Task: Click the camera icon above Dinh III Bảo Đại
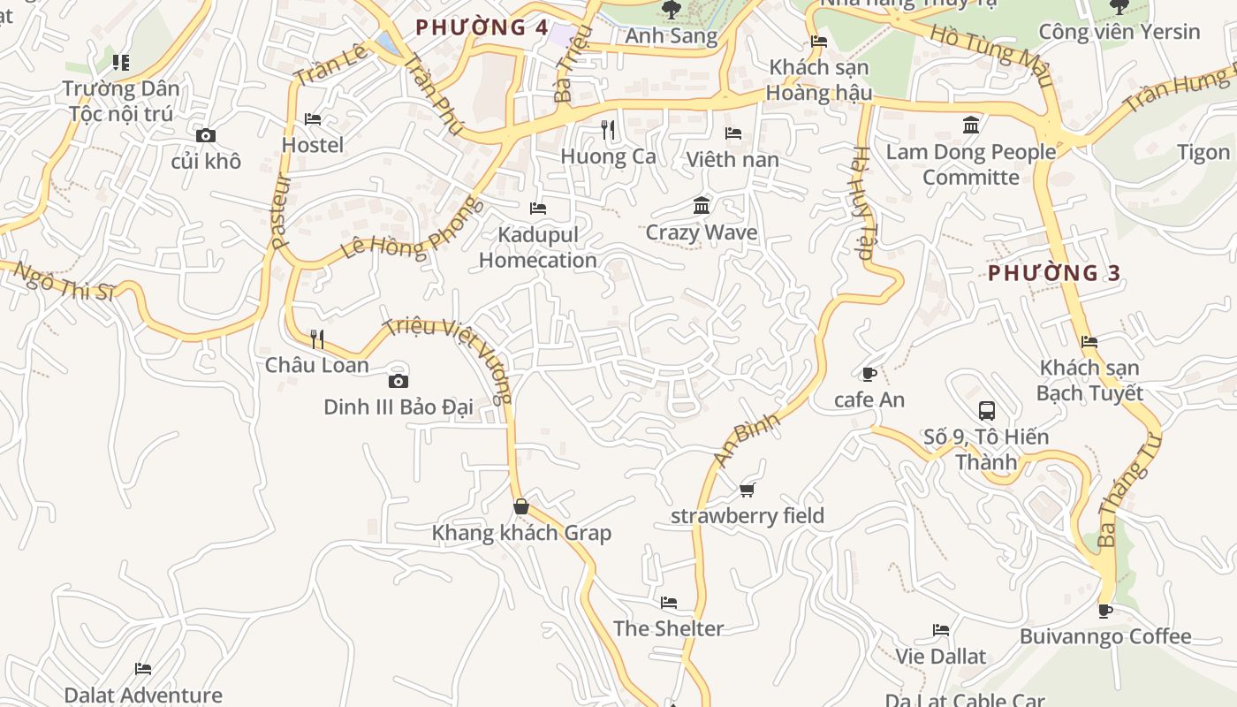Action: [x=398, y=382]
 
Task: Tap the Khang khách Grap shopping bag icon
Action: [x=521, y=506]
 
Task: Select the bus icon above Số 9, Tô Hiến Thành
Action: [x=987, y=411]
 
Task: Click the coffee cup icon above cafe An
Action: [x=869, y=374]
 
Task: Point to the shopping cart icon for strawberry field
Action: [x=748, y=490]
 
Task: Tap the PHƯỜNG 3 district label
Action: [x=1053, y=273]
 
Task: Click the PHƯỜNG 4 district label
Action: [x=482, y=27]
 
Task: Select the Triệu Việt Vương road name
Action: [x=449, y=359]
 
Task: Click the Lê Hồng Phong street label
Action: [x=413, y=230]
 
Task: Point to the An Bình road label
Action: [x=748, y=439]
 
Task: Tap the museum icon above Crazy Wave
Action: [x=702, y=206]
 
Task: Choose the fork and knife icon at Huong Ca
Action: [x=608, y=130]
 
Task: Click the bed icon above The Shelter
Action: [x=669, y=603]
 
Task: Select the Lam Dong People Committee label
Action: [x=971, y=164]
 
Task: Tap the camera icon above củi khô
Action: [x=206, y=135]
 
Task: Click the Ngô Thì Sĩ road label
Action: [x=64, y=281]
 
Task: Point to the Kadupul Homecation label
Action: [x=538, y=247]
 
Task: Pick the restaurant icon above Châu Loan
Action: [x=317, y=338]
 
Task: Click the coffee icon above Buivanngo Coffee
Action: [x=1104, y=611]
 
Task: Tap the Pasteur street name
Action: [x=281, y=210]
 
